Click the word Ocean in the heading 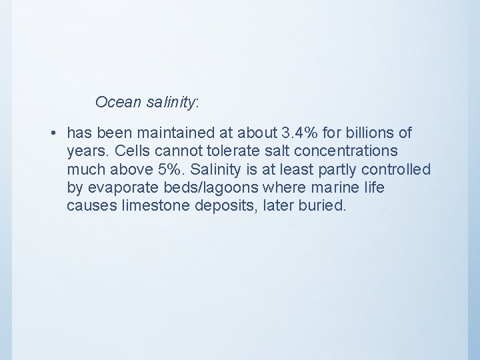point(116,102)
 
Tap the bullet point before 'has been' point(52,134)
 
